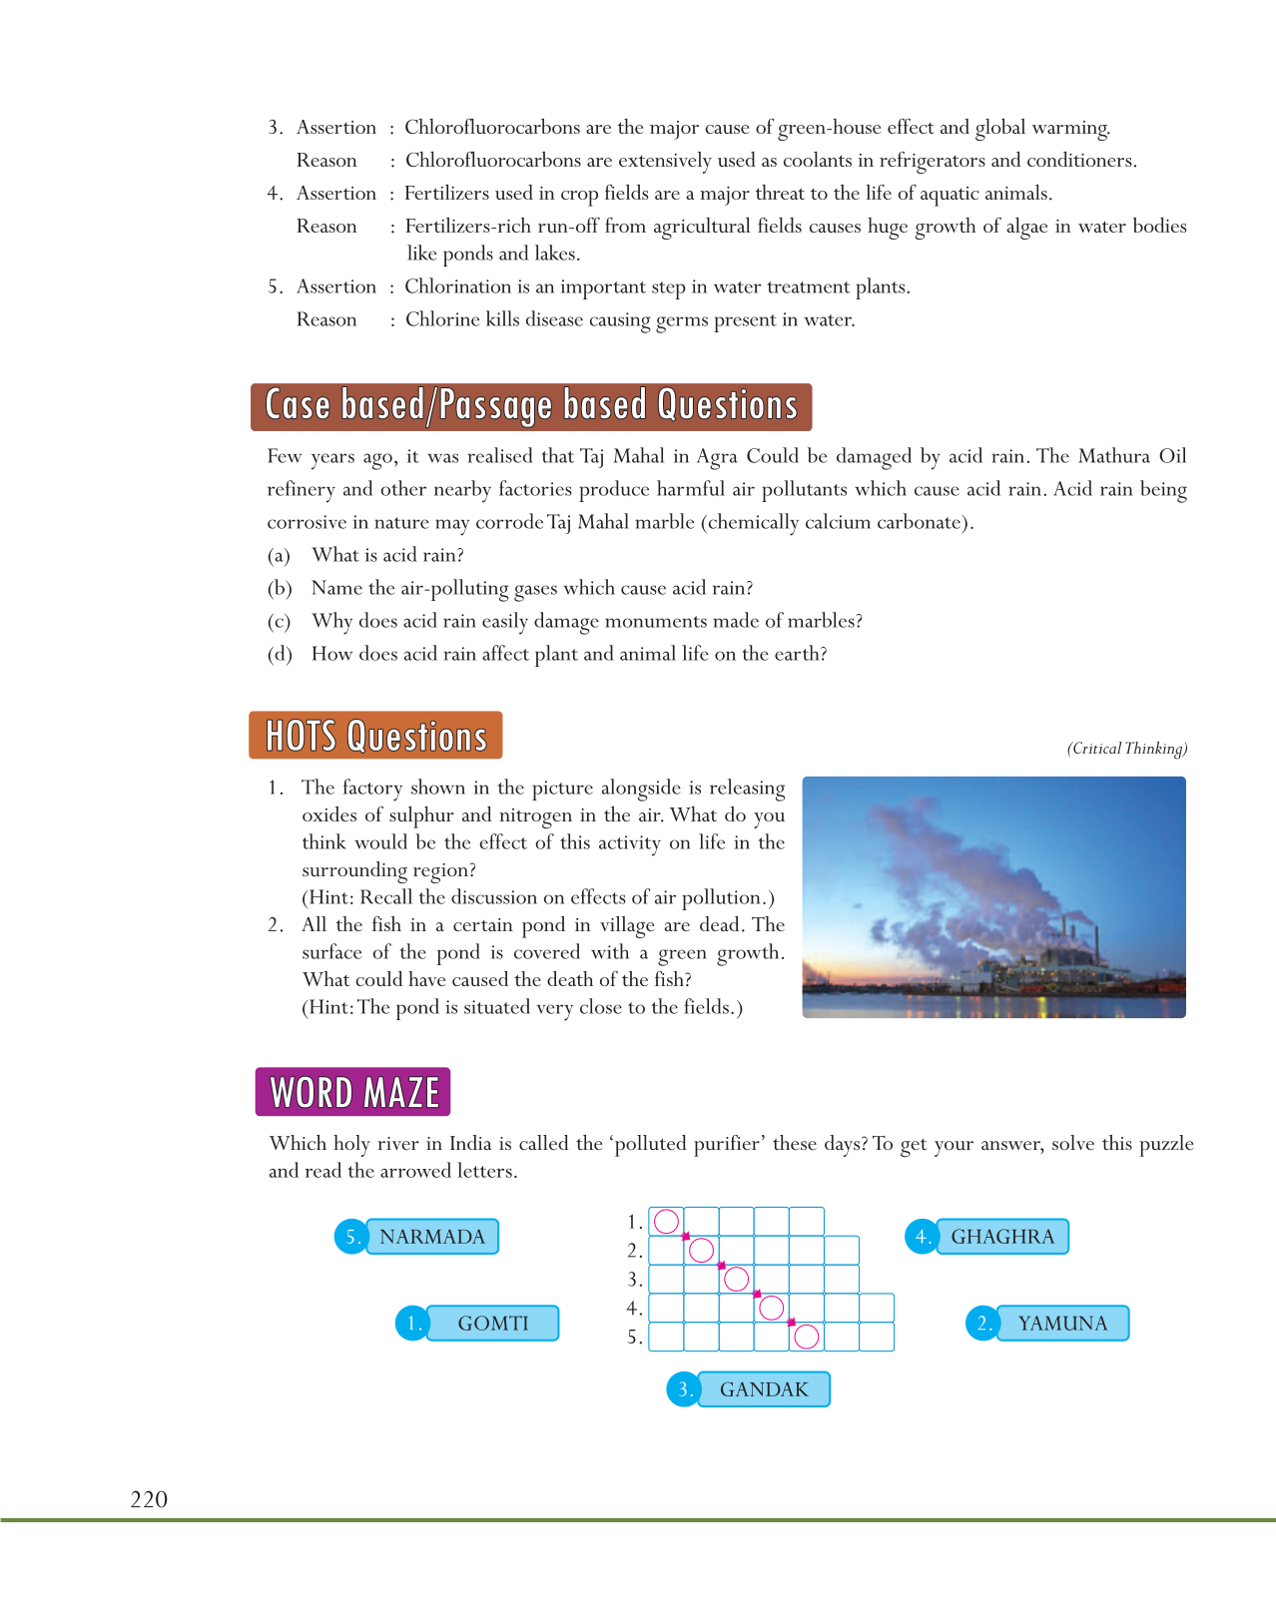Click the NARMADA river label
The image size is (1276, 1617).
click(431, 1237)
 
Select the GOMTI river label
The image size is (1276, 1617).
click(492, 1324)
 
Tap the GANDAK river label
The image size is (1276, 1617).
click(764, 1389)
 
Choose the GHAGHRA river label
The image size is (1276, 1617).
click(1001, 1237)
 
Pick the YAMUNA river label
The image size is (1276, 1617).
click(1062, 1324)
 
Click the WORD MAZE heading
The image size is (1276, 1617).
click(353, 1092)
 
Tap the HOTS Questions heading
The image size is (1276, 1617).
click(375, 736)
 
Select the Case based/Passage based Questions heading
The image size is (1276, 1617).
click(531, 406)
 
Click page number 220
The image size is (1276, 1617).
click(149, 1499)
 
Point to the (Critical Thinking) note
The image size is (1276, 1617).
click(1126, 749)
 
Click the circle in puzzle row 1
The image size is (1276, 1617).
click(666, 1221)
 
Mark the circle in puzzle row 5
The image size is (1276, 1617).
click(807, 1337)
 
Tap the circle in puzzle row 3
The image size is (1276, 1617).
click(736, 1279)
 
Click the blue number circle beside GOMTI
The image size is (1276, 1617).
click(411, 1324)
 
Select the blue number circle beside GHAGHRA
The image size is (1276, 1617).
click(921, 1237)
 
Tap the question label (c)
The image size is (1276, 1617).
click(279, 622)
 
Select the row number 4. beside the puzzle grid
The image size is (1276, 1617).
click(634, 1308)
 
